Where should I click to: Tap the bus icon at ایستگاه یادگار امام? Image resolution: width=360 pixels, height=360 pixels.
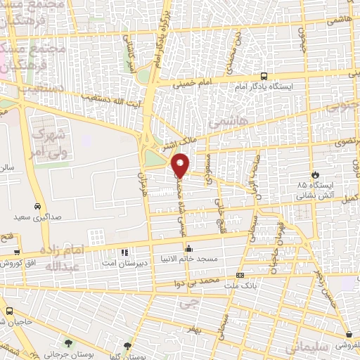(x=264, y=76)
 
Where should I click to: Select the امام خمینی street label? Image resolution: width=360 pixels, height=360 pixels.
(x=188, y=82)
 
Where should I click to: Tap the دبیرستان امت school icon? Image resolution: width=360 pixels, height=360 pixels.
(x=124, y=252)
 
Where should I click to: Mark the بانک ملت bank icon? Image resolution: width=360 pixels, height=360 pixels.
(x=240, y=275)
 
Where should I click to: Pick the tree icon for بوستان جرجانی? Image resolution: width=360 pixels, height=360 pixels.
(x=68, y=342)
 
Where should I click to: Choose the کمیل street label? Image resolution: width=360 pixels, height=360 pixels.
(x=346, y=181)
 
